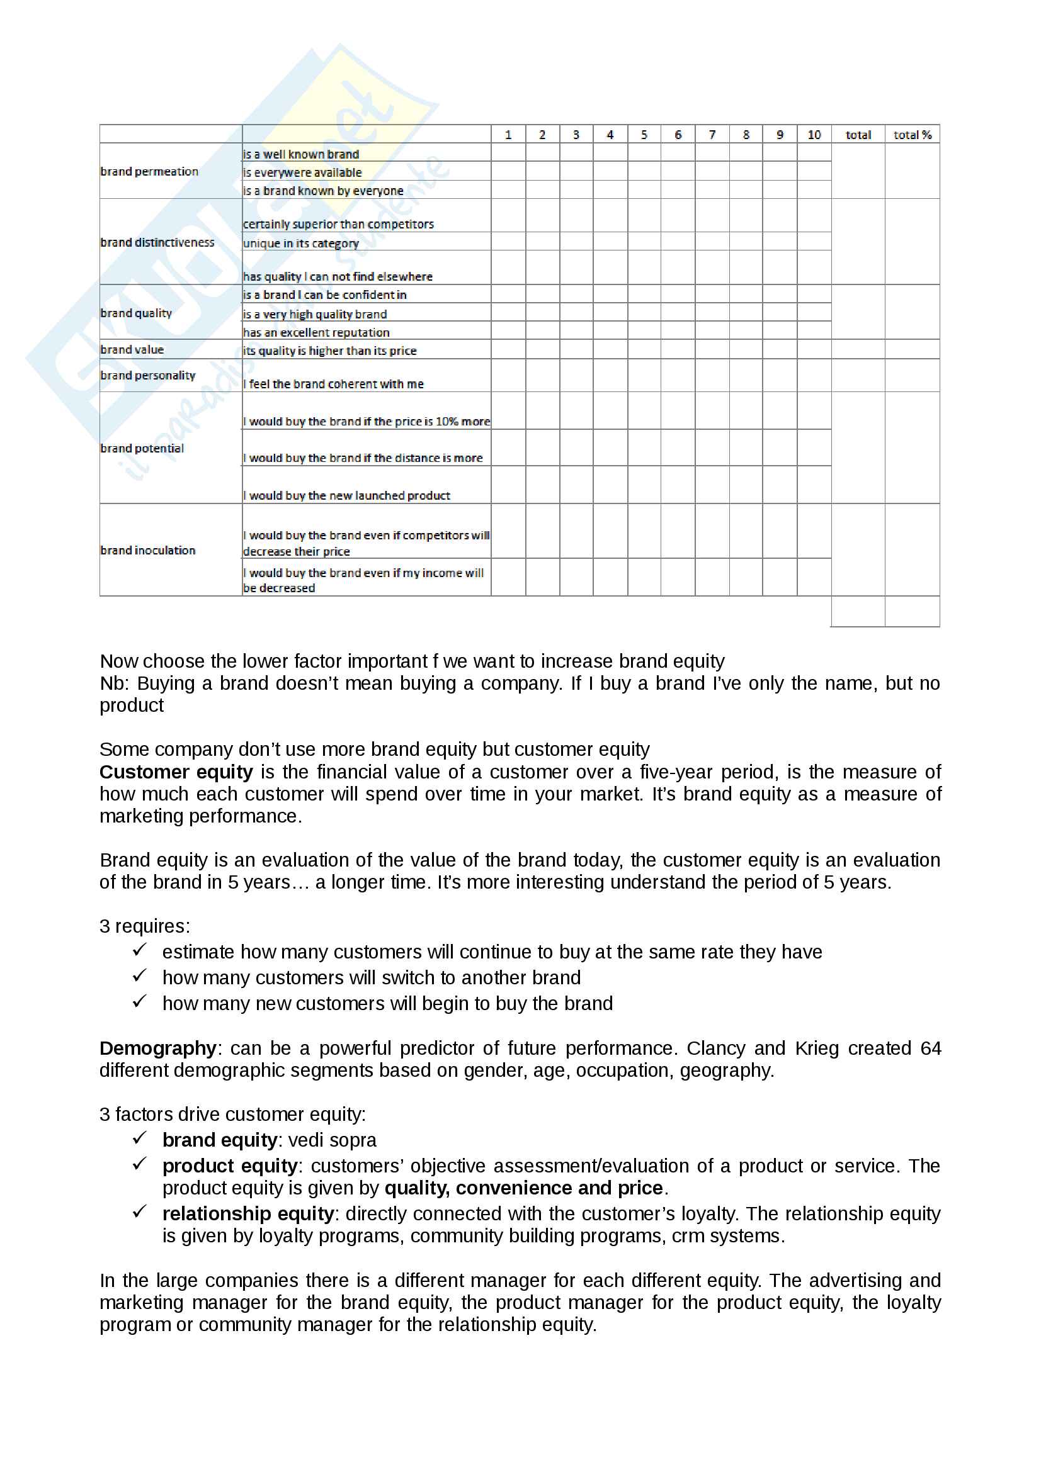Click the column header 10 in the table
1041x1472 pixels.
[813, 135]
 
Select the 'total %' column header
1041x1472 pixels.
[911, 135]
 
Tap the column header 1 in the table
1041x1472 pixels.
[508, 135]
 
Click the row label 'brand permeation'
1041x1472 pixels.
[149, 171]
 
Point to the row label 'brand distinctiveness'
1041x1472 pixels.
[157, 242]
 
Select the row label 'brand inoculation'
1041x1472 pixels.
[148, 550]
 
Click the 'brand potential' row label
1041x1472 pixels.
[142, 448]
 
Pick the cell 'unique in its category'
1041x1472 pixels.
[301, 244]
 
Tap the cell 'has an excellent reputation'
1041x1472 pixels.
[316, 332]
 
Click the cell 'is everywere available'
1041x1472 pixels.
[302, 172]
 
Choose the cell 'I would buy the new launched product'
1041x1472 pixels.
[346, 495]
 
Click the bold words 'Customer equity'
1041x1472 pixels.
[176, 772]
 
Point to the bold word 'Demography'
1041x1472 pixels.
[158, 1048]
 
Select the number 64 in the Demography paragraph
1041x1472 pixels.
[930, 1048]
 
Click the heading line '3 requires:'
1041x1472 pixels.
[145, 926]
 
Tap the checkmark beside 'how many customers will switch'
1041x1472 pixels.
[140, 976]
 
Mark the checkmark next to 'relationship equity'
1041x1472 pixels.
[140, 1211]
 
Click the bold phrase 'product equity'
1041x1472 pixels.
[230, 1166]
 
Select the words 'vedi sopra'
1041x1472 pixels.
[333, 1140]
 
